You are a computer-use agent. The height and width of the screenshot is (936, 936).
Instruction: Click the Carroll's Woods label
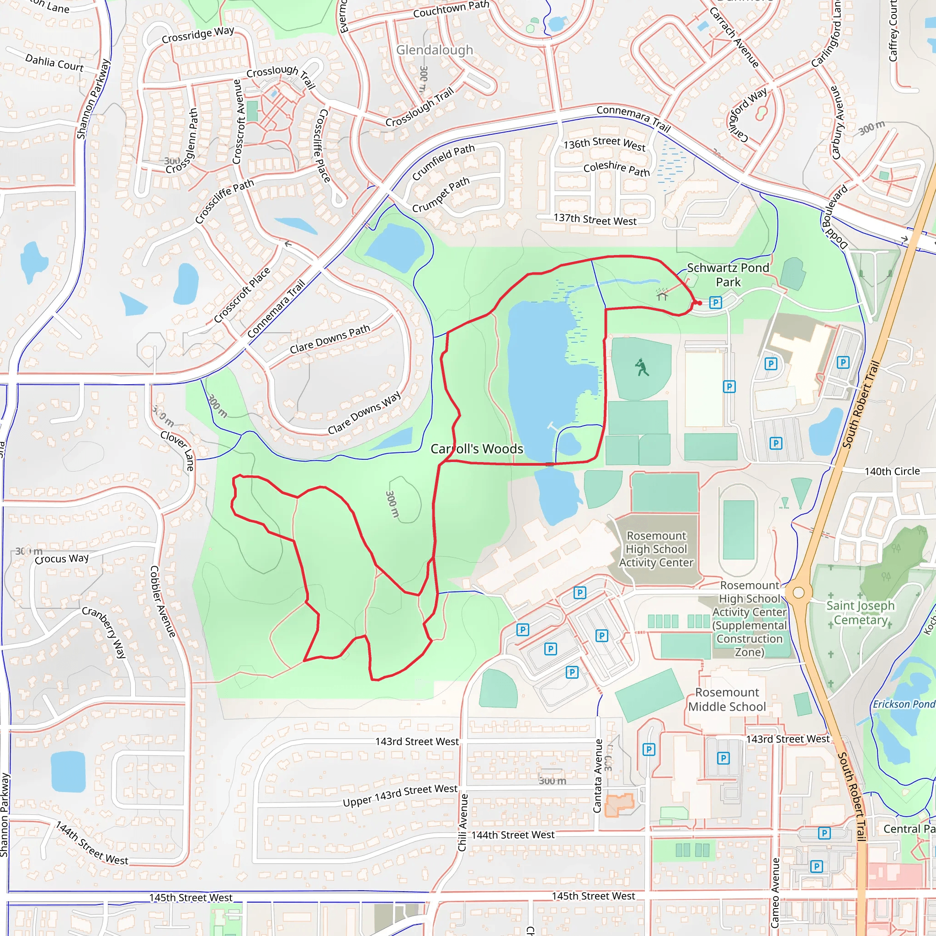(477, 449)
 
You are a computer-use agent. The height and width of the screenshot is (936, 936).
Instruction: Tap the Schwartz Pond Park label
(728, 275)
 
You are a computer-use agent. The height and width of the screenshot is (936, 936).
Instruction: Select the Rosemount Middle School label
(727, 699)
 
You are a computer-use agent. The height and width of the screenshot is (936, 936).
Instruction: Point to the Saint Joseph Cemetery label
(860, 612)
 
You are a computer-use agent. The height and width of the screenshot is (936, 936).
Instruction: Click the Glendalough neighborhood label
(434, 50)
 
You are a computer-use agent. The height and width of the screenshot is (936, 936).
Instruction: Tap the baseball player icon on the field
(642, 368)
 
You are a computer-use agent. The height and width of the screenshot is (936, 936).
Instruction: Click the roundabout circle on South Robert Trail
(798, 592)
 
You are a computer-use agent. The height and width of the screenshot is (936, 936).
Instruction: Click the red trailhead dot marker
(700, 303)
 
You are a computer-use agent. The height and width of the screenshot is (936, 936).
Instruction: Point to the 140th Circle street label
(892, 471)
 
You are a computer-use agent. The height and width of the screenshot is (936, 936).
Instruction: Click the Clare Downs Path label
(330, 339)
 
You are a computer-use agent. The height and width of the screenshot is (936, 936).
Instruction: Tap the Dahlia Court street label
(54, 63)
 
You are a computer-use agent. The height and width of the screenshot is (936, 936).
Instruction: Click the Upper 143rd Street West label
(400, 796)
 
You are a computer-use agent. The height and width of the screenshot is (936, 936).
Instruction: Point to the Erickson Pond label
(904, 704)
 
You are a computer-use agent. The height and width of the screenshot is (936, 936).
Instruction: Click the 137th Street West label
(595, 220)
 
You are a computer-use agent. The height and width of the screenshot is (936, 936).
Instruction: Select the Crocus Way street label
(62, 558)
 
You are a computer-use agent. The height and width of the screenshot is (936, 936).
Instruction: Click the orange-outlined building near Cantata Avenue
(619, 805)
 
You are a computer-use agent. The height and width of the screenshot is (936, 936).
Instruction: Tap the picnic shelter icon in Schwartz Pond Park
(662, 294)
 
